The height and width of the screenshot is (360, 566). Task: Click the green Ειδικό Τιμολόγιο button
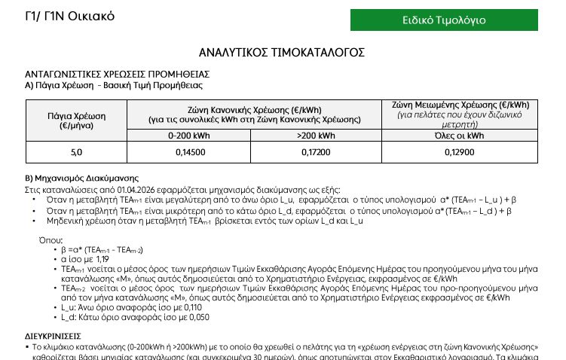[444, 20]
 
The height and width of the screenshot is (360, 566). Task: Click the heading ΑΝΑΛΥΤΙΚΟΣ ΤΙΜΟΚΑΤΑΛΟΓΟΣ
[282, 52]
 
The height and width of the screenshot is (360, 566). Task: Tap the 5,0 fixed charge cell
[76, 152]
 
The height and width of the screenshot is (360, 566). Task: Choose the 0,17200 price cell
[316, 152]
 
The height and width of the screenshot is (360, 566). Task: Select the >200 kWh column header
[316, 136]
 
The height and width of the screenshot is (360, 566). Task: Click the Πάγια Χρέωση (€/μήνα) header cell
[76, 121]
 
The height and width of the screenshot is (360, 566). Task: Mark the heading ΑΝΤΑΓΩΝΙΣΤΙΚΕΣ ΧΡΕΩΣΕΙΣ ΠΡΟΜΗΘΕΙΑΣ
[117, 75]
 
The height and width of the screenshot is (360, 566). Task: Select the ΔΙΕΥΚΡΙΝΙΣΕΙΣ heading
[53, 336]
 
